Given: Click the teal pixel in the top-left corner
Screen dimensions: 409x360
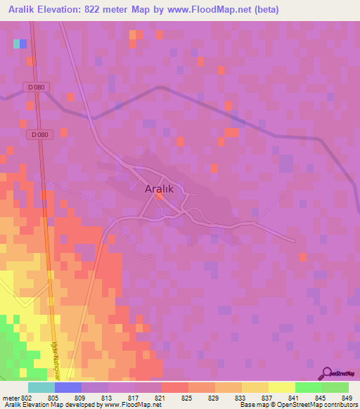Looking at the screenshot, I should click(16, 44).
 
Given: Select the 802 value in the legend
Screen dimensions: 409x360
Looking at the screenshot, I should click(28, 398).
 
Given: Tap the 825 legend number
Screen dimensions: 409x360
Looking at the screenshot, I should click(188, 398).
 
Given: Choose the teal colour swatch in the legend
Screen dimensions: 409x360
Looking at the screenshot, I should click(41, 387).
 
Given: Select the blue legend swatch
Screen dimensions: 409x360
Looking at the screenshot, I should click(68, 387).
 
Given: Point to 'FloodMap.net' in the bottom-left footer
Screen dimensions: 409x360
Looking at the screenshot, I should click(134, 405).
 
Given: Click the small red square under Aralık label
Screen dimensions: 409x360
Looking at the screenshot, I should click(160, 198).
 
